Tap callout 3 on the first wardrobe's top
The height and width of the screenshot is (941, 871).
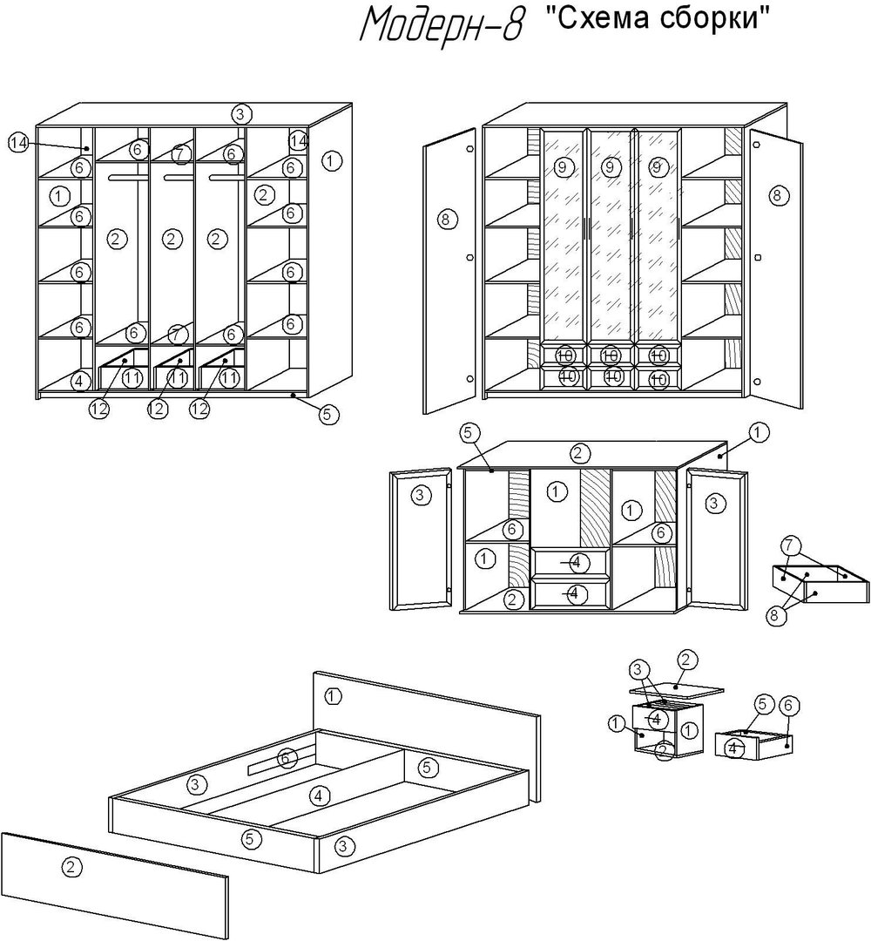point(241,113)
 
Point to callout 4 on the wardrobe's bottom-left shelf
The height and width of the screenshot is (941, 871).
point(79,381)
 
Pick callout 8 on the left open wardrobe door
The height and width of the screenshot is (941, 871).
point(445,219)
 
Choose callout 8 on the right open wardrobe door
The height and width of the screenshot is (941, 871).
point(776,196)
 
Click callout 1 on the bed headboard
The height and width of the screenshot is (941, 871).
point(334,695)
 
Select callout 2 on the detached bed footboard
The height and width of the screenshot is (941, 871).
point(71,866)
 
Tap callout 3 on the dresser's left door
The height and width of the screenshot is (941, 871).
point(421,497)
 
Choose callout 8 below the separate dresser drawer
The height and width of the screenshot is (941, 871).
point(773,615)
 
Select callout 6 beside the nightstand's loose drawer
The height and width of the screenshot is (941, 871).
point(788,704)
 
